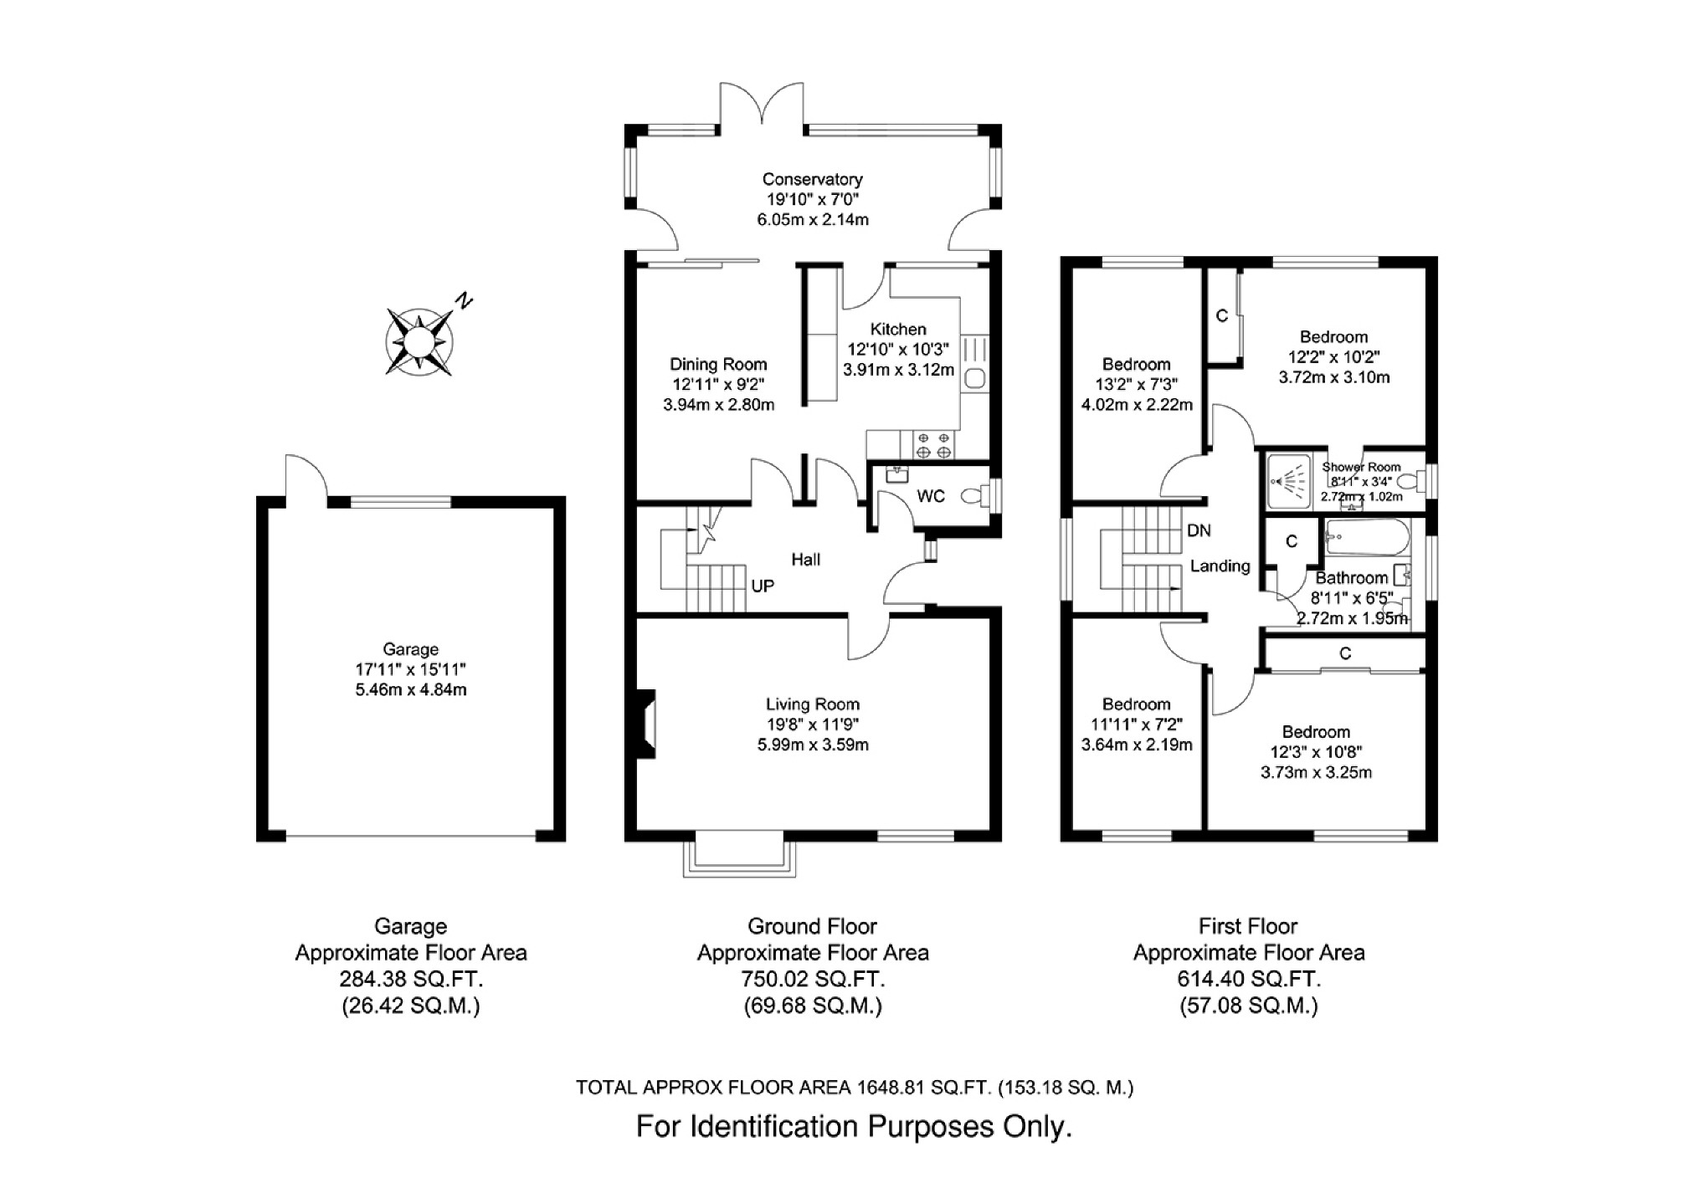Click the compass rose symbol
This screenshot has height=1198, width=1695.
tap(419, 341)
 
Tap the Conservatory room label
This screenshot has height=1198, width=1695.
tap(812, 179)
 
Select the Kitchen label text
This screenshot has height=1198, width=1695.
tap(898, 330)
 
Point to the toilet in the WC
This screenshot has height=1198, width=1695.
tap(973, 496)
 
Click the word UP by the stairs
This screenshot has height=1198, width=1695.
tap(763, 586)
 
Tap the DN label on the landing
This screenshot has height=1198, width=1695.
tap(1199, 530)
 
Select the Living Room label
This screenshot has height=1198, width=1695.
tap(812, 704)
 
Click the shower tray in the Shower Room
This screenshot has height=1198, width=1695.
tap(1289, 481)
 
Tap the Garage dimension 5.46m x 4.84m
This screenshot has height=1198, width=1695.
tap(410, 690)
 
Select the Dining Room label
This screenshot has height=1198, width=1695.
tap(718, 364)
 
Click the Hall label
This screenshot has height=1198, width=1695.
tap(806, 560)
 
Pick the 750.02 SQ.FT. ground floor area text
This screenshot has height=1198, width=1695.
tap(813, 979)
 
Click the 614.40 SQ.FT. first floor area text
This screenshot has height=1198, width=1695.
tap(1248, 979)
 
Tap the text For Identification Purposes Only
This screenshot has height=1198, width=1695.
tap(854, 1127)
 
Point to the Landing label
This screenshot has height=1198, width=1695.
tap(1220, 566)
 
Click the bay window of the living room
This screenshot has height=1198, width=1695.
tap(739, 855)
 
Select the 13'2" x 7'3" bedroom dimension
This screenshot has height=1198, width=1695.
tap(1136, 385)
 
